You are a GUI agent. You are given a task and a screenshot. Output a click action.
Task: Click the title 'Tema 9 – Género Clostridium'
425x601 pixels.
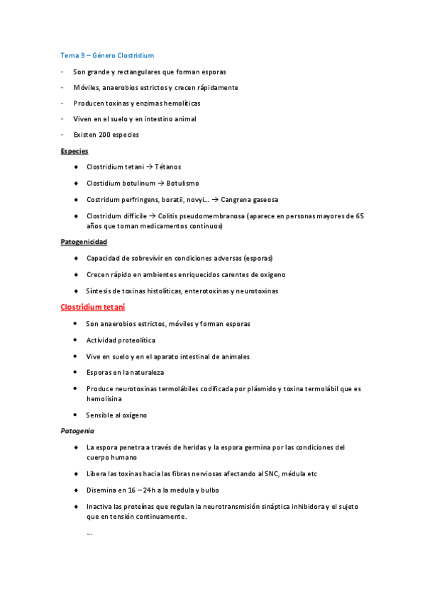106,55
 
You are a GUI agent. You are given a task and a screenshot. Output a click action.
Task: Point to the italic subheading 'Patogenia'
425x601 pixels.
77,431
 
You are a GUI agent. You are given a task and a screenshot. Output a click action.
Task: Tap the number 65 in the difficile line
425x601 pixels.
360,216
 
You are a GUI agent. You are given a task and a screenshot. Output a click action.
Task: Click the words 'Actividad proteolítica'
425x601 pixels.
121,340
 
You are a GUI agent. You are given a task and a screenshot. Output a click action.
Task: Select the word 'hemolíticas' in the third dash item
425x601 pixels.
181,103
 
